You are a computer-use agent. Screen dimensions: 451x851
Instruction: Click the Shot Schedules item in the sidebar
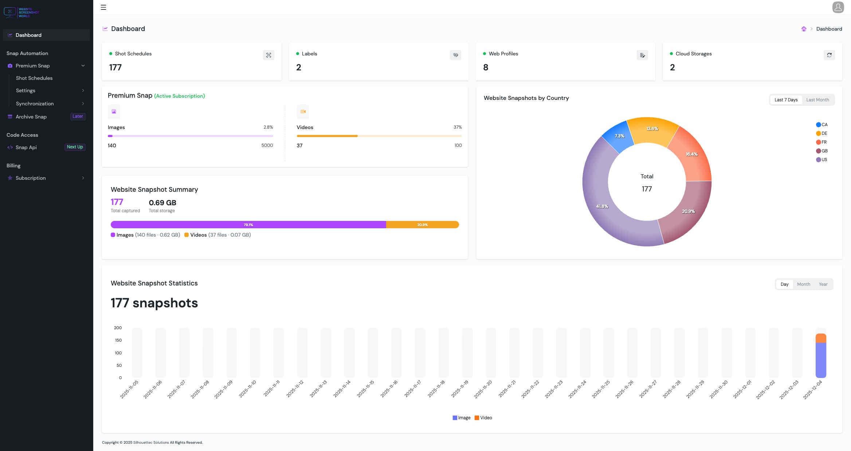click(x=34, y=78)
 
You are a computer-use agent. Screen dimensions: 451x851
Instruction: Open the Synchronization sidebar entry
click(x=35, y=104)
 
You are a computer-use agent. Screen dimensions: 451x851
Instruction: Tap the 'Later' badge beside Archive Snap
click(x=78, y=116)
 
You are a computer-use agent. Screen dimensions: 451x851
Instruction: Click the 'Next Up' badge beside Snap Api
click(x=75, y=147)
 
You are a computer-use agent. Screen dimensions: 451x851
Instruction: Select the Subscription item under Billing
click(x=31, y=178)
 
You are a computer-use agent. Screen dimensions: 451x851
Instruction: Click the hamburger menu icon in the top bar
click(x=103, y=7)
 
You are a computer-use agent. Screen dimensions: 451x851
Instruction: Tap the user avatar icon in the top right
click(x=838, y=7)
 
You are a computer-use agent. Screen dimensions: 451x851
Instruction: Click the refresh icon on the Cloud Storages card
click(x=829, y=55)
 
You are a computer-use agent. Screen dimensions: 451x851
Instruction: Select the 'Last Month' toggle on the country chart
click(x=817, y=100)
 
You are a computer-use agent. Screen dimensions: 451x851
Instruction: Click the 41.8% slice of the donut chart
click(x=602, y=206)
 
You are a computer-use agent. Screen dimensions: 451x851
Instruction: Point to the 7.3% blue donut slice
click(x=619, y=136)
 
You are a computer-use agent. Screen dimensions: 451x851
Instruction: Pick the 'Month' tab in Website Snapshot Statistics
click(x=803, y=284)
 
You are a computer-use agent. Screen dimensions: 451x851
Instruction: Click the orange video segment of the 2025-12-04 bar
click(x=821, y=338)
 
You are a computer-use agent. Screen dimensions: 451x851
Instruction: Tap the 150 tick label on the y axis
click(x=118, y=340)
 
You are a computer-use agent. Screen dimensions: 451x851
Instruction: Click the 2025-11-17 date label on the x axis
click(x=413, y=389)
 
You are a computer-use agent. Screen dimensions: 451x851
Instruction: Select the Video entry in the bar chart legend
click(x=483, y=418)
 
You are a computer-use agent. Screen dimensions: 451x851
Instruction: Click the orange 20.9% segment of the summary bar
click(x=422, y=225)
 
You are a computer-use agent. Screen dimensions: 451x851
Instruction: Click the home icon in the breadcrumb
click(x=804, y=29)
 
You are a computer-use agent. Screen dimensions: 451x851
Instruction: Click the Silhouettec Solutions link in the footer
click(x=151, y=443)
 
